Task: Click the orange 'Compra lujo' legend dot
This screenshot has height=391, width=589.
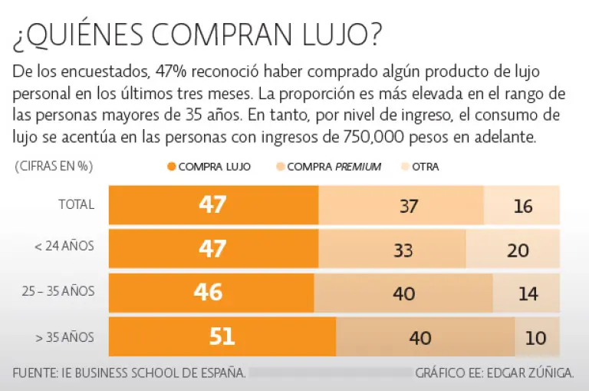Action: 172,167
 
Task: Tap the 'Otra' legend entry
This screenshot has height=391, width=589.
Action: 425,167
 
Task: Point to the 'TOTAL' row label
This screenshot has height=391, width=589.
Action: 77,204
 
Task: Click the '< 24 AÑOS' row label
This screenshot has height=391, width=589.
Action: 64,247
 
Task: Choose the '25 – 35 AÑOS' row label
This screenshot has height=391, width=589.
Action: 59,292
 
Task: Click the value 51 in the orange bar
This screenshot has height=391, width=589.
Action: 222,337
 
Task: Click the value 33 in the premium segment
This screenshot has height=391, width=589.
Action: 403,250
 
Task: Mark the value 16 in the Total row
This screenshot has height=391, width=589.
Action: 523,206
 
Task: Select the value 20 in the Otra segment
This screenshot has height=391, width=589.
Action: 518,250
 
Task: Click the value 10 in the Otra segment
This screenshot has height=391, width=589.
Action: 536,338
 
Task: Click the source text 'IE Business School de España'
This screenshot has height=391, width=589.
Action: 160,374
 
